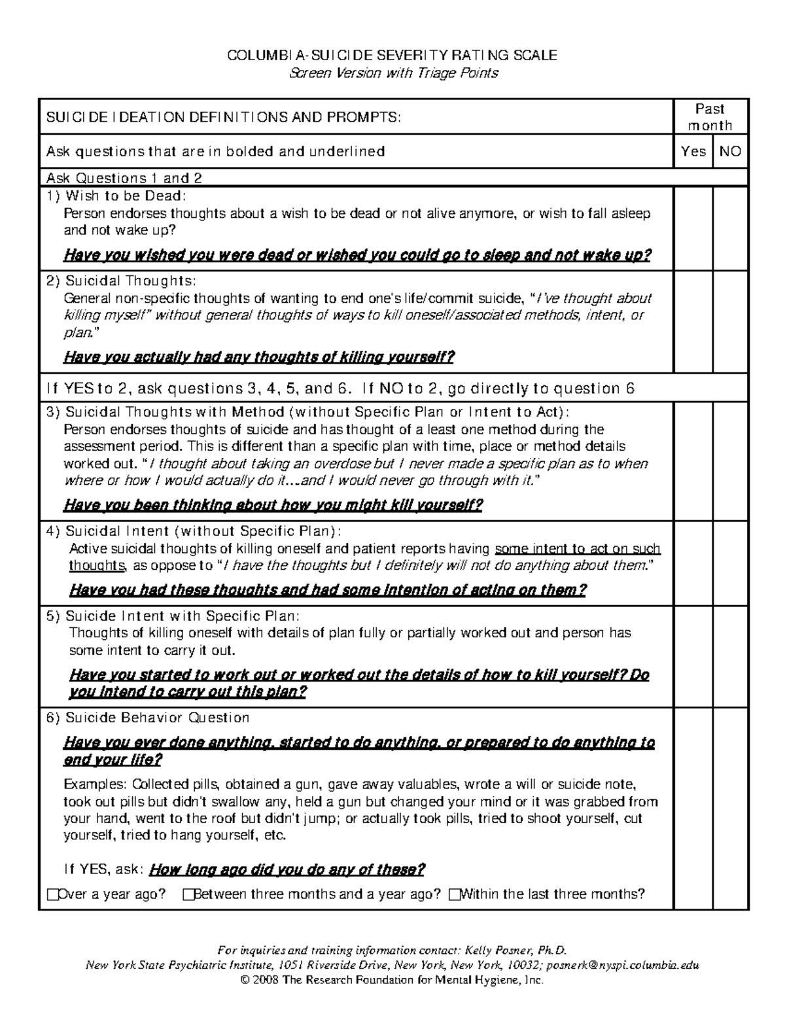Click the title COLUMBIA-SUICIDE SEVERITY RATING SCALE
[x=392, y=56]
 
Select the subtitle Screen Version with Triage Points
[x=393, y=73]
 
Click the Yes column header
[x=693, y=152]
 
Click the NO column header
[x=730, y=152]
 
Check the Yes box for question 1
[x=693, y=228]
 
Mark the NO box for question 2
[x=731, y=321]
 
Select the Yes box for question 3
[x=693, y=461]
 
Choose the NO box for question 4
[x=731, y=563]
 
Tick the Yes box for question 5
[x=693, y=656]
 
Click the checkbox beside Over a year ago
[x=53, y=894]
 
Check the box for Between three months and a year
[x=189, y=894]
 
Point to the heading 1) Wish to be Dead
[x=116, y=196]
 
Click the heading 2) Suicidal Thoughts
[x=121, y=281]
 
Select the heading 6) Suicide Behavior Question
[x=148, y=718]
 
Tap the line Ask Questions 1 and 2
[x=124, y=178]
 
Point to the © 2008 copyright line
[x=392, y=979]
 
